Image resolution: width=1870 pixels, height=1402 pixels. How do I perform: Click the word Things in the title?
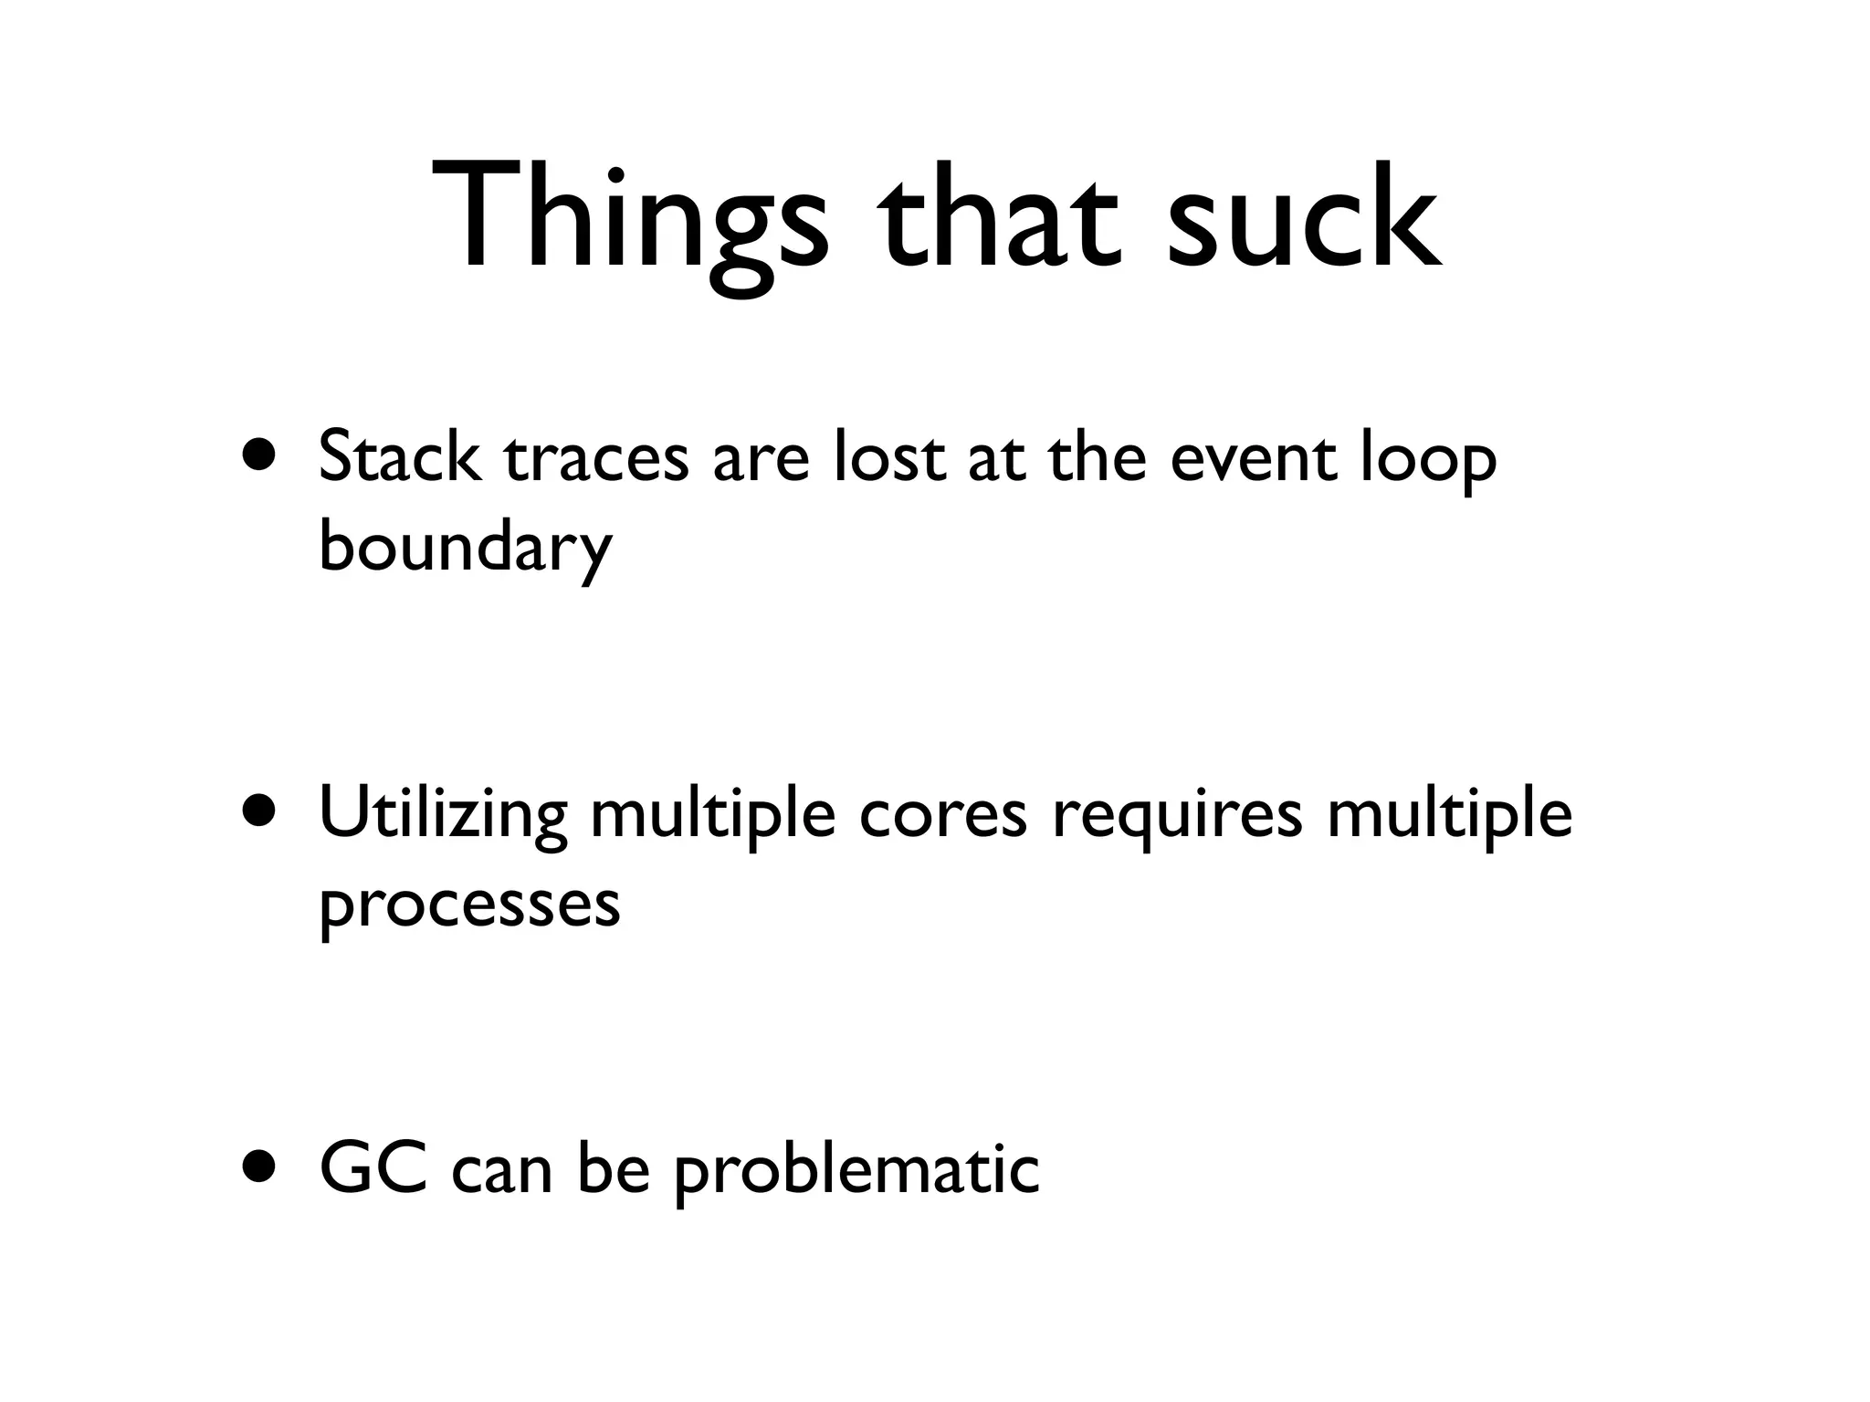(x=629, y=220)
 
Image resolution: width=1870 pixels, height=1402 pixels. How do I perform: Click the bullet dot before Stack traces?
(x=259, y=455)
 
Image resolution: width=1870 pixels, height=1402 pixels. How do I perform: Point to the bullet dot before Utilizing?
(x=259, y=811)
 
